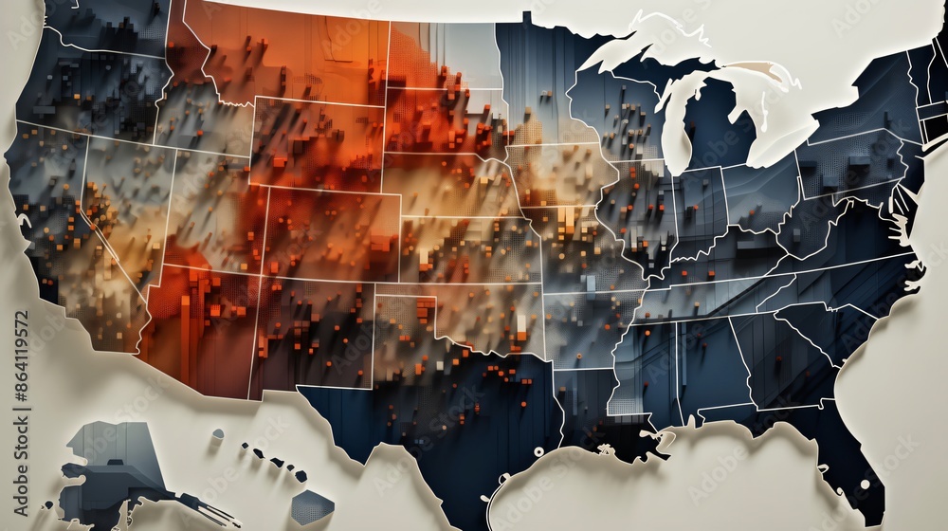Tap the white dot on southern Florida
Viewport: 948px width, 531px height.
[x=864, y=485]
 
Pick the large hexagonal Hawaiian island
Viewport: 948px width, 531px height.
[x=311, y=507]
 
